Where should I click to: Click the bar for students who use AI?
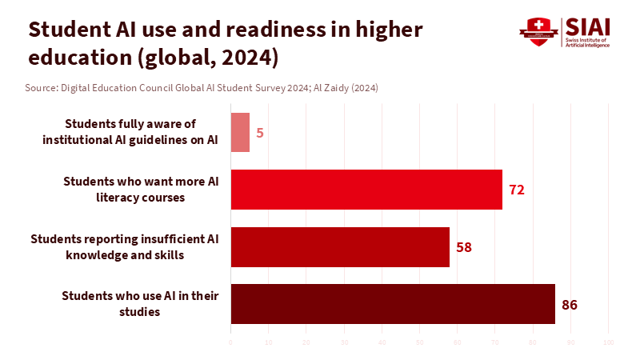(392, 304)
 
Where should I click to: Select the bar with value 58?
(340, 247)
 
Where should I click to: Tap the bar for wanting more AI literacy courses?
(366, 190)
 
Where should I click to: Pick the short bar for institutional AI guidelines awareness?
(240, 133)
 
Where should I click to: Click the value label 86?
(570, 305)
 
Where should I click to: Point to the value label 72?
(517, 190)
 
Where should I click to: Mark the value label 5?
(260, 133)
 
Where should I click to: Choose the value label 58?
(464, 247)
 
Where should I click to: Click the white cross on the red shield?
(538, 25)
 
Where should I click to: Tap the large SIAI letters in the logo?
(588, 26)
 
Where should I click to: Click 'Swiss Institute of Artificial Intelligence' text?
(588, 42)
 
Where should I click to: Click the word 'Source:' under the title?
(42, 87)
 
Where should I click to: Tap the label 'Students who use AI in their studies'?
(140, 304)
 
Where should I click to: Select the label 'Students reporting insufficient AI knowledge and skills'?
(124, 247)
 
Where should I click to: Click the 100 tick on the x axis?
(608, 342)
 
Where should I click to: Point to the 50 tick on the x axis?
(420, 342)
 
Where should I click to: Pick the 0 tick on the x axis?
(230, 342)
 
